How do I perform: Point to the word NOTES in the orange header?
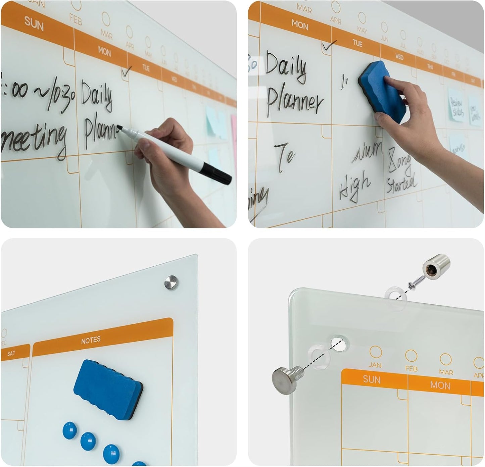pos(91,340)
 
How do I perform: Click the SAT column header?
pos(11,353)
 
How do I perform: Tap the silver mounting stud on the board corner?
pos(171,283)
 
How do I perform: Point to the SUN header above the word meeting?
pos(34,23)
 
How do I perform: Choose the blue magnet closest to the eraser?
pos(70,430)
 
